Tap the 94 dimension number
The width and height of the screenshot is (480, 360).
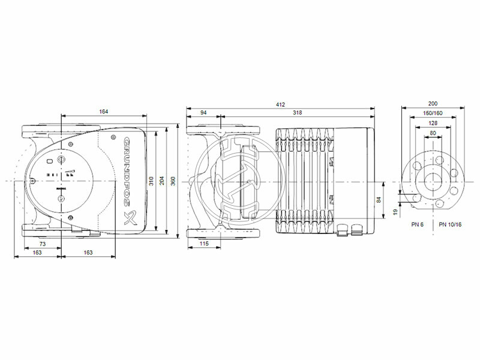pyautogui.click(x=203, y=113)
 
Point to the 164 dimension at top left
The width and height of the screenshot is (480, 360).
pyautogui.click(x=104, y=111)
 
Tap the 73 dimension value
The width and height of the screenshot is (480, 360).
pyautogui.click(x=43, y=244)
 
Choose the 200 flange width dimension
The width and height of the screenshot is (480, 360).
pyautogui.click(x=432, y=104)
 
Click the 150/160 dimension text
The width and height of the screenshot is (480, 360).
pyautogui.click(x=432, y=113)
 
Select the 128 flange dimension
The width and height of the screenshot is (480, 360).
pyautogui.click(x=432, y=123)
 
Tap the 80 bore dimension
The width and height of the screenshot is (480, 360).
pyautogui.click(x=432, y=133)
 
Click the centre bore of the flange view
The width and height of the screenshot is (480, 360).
pyautogui.click(x=432, y=181)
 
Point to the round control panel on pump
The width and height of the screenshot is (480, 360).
pyautogui.click(x=62, y=179)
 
